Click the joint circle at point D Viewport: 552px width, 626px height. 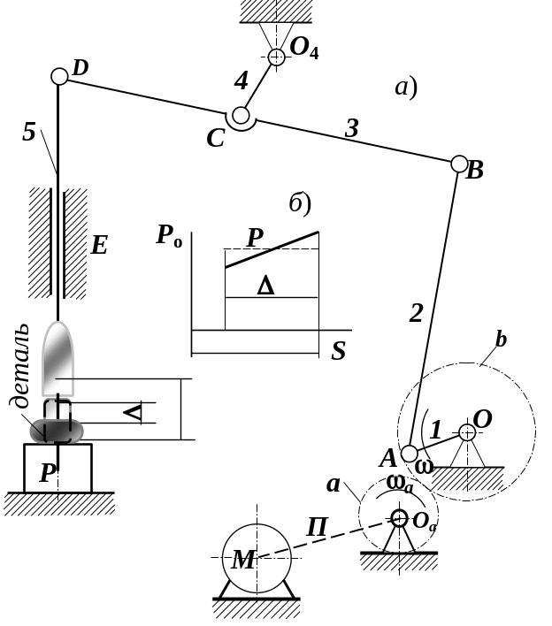tap(59, 76)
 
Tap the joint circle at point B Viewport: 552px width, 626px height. tap(459, 164)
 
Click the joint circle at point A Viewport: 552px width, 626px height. tap(409, 454)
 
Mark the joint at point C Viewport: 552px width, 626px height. tap(240, 116)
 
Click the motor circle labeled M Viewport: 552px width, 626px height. tap(257, 556)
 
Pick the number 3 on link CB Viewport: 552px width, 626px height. tap(351, 130)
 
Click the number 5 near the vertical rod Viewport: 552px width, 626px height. tap(30, 133)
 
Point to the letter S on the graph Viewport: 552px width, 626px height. tap(338, 352)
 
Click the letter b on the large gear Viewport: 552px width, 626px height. tap(500, 342)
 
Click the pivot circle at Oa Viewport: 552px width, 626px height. tap(399, 519)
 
